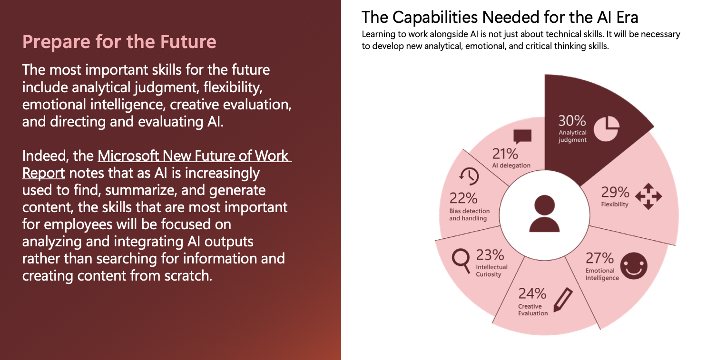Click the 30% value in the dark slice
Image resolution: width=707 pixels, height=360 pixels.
point(571,121)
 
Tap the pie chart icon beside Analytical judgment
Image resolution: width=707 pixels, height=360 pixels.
point(606,129)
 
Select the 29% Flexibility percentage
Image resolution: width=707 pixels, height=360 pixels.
point(615,192)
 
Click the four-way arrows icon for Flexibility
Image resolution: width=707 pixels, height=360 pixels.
point(648,196)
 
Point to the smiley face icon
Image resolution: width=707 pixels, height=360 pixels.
point(633,266)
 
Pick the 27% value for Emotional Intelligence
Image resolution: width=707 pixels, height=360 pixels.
point(599,258)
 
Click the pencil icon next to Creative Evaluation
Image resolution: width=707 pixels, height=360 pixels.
point(563,300)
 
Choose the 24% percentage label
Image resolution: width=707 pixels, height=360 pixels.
point(532,294)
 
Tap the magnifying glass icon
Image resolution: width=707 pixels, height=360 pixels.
point(461,261)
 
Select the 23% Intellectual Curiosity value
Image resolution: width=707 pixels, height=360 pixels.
point(490,255)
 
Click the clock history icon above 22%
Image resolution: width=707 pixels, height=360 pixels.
point(469,176)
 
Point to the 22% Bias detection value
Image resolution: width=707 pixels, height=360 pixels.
point(463,198)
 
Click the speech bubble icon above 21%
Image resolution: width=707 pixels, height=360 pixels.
point(522,137)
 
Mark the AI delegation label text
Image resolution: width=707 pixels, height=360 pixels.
point(511,165)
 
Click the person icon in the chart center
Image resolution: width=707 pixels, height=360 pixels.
point(544,214)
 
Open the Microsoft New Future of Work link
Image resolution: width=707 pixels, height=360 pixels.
point(195,156)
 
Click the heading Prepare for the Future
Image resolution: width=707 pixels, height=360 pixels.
point(119,41)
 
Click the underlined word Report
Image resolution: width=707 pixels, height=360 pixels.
point(44,173)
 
